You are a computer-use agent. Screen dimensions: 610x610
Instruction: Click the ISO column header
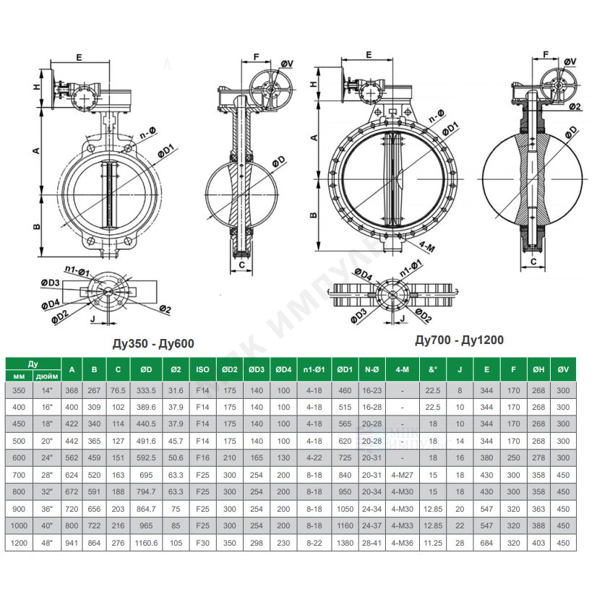coord(202,369)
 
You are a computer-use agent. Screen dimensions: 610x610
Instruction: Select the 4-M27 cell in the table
coord(403,475)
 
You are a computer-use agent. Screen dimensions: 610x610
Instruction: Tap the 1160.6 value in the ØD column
coord(146,543)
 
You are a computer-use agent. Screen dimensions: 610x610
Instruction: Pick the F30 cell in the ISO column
coord(202,543)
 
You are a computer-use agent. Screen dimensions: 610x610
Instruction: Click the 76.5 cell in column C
coord(118,390)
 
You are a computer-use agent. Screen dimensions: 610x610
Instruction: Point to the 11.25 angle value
coord(433,543)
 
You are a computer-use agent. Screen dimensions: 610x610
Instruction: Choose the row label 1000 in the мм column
coord(19,525)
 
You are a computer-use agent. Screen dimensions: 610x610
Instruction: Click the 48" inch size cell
coord(47,543)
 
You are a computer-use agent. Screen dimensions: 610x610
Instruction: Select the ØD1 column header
coord(345,369)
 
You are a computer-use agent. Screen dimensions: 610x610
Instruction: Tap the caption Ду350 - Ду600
coord(153,343)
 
